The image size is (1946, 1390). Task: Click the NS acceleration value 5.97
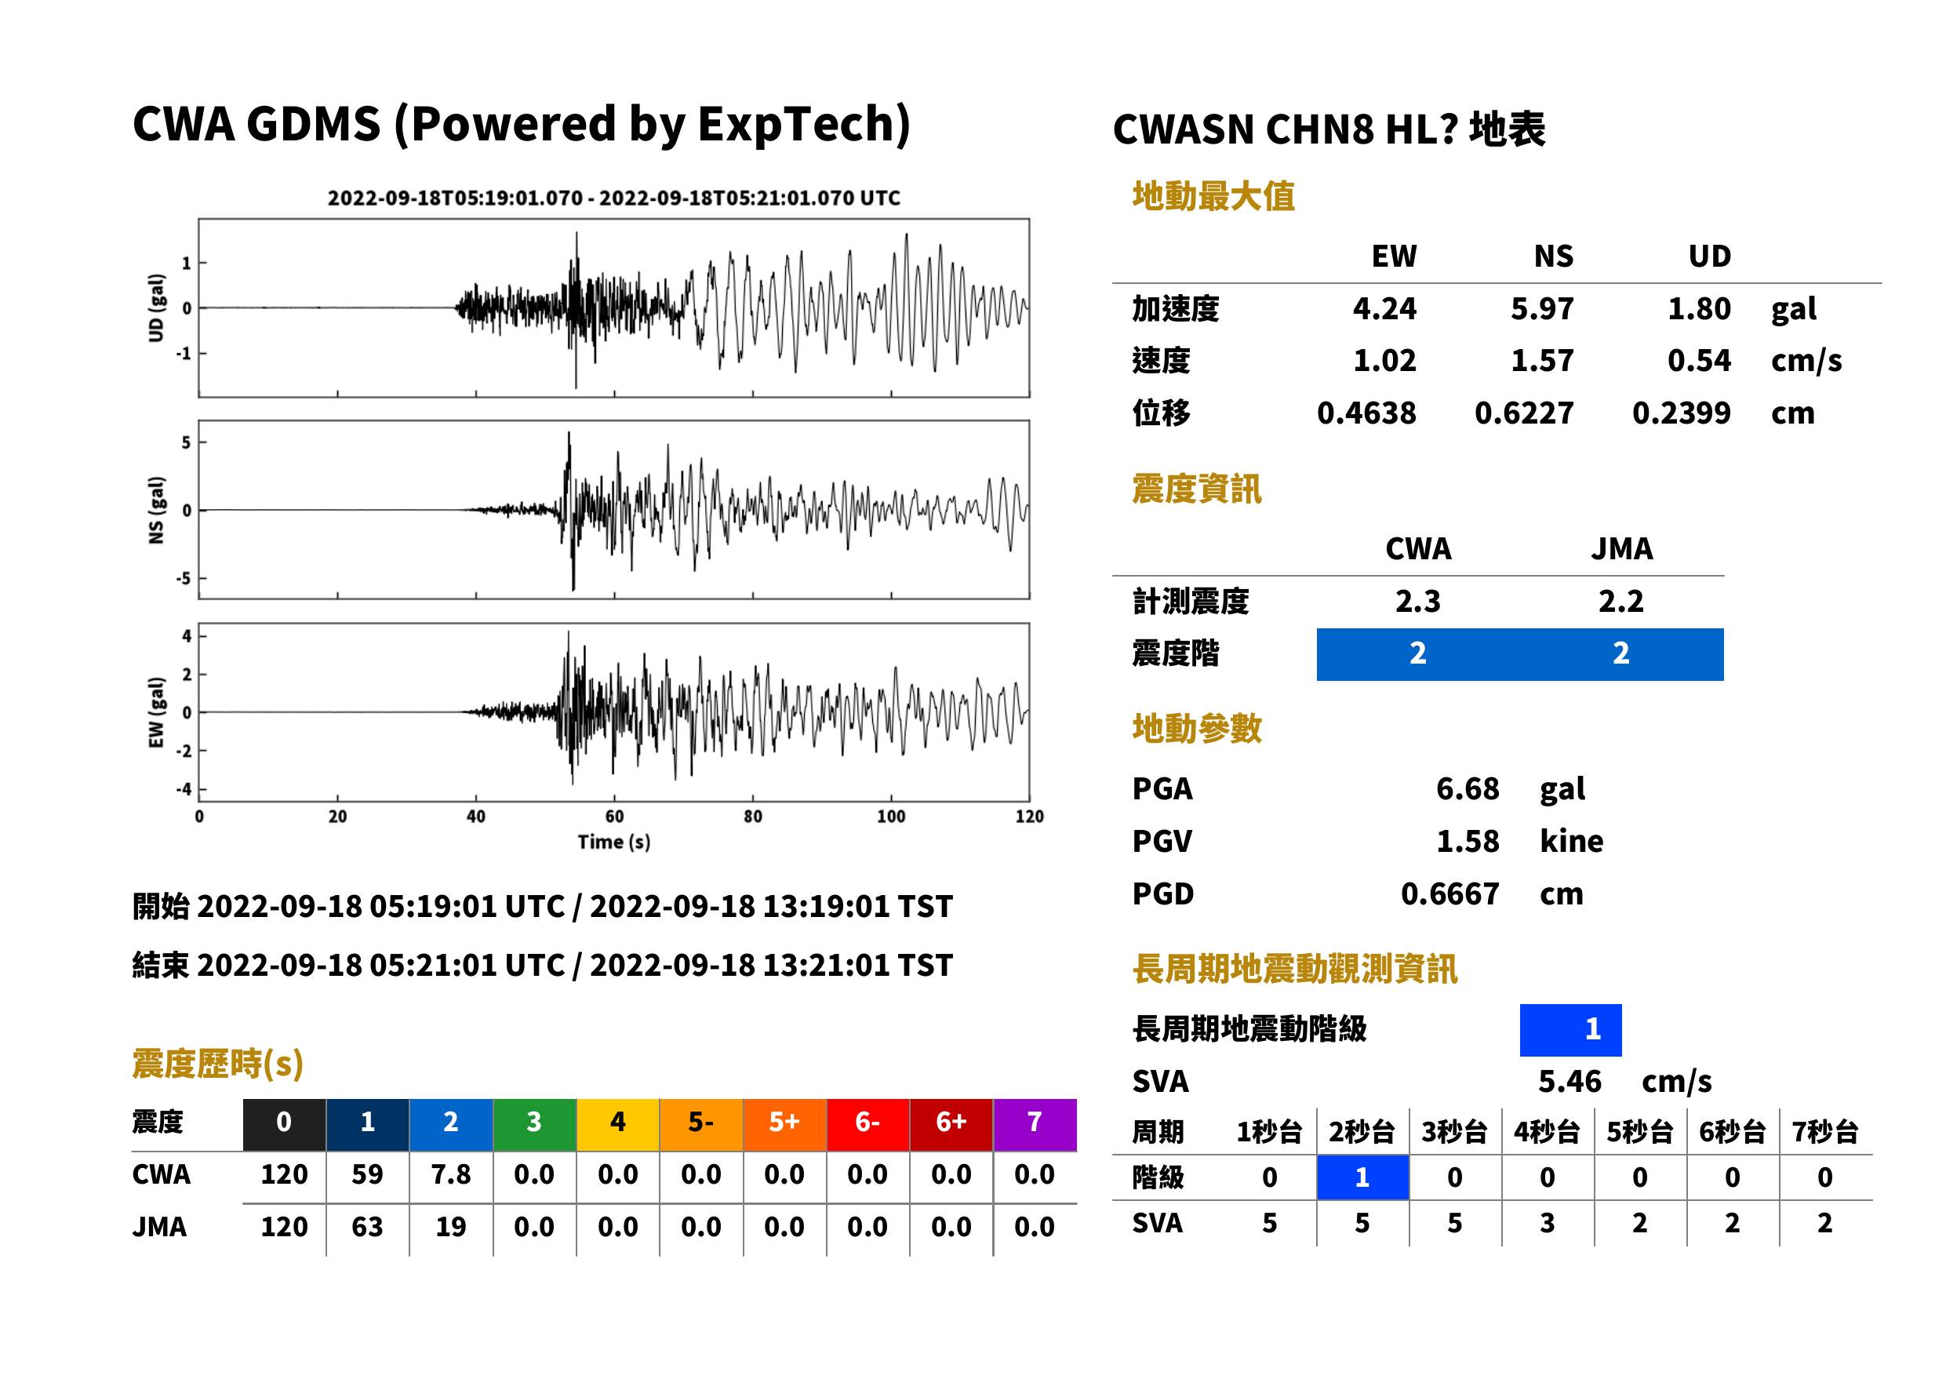coord(1541,309)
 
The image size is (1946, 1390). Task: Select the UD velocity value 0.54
coord(1699,361)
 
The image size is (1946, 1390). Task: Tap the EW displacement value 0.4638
coord(1366,413)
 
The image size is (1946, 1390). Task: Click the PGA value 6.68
coord(1468,788)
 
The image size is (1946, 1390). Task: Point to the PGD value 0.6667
coord(1449,893)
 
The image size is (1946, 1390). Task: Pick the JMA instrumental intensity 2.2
coord(1620,602)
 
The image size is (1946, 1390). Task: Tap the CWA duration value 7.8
coord(451,1174)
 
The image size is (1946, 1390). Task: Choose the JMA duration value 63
coord(367,1228)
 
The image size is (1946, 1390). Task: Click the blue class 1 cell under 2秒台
coord(1362,1177)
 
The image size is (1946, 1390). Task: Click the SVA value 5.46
coord(1570,1082)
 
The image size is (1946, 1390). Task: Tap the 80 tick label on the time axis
coord(753,817)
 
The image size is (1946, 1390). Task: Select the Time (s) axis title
coord(613,842)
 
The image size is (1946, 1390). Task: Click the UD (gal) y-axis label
coord(156,308)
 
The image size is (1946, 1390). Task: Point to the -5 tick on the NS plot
coord(184,579)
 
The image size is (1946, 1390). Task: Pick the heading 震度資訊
coord(1196,489)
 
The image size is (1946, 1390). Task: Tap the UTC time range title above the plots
coord(613,198)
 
